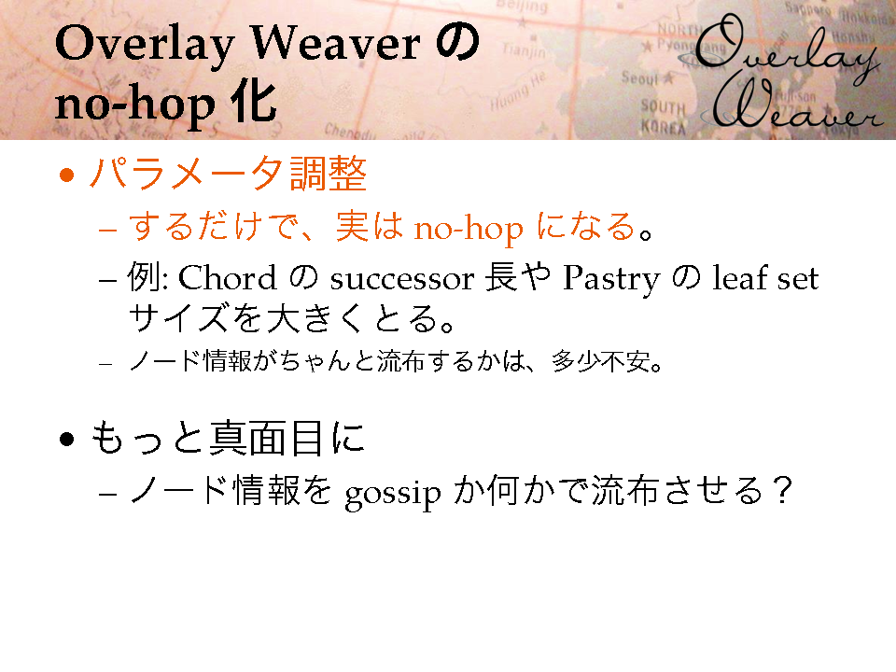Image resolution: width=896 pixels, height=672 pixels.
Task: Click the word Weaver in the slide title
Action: pos(335,44)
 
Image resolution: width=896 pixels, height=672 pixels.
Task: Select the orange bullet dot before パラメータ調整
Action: pos(67,175)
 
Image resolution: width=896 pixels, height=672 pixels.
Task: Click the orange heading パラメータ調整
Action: pos(228,174)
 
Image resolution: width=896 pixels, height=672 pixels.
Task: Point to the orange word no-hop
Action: pos(468,229)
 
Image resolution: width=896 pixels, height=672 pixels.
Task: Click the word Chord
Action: pos(228,278)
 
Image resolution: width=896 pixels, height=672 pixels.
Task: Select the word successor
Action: pos(401,281)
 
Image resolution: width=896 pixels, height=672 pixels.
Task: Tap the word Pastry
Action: pos(610,280)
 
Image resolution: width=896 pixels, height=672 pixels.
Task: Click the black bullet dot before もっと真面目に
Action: pos(67,439)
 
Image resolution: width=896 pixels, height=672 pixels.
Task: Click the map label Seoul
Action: pos(640,77)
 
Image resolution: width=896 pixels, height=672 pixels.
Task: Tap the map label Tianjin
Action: pos(524,51)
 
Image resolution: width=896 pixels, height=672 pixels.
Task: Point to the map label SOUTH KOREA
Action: pos(663,117)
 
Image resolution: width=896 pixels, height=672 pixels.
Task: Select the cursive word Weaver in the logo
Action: pos(798,106)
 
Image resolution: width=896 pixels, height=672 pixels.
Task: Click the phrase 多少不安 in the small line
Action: pos(600,362)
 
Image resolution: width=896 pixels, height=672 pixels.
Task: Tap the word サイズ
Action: pos(178,318)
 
